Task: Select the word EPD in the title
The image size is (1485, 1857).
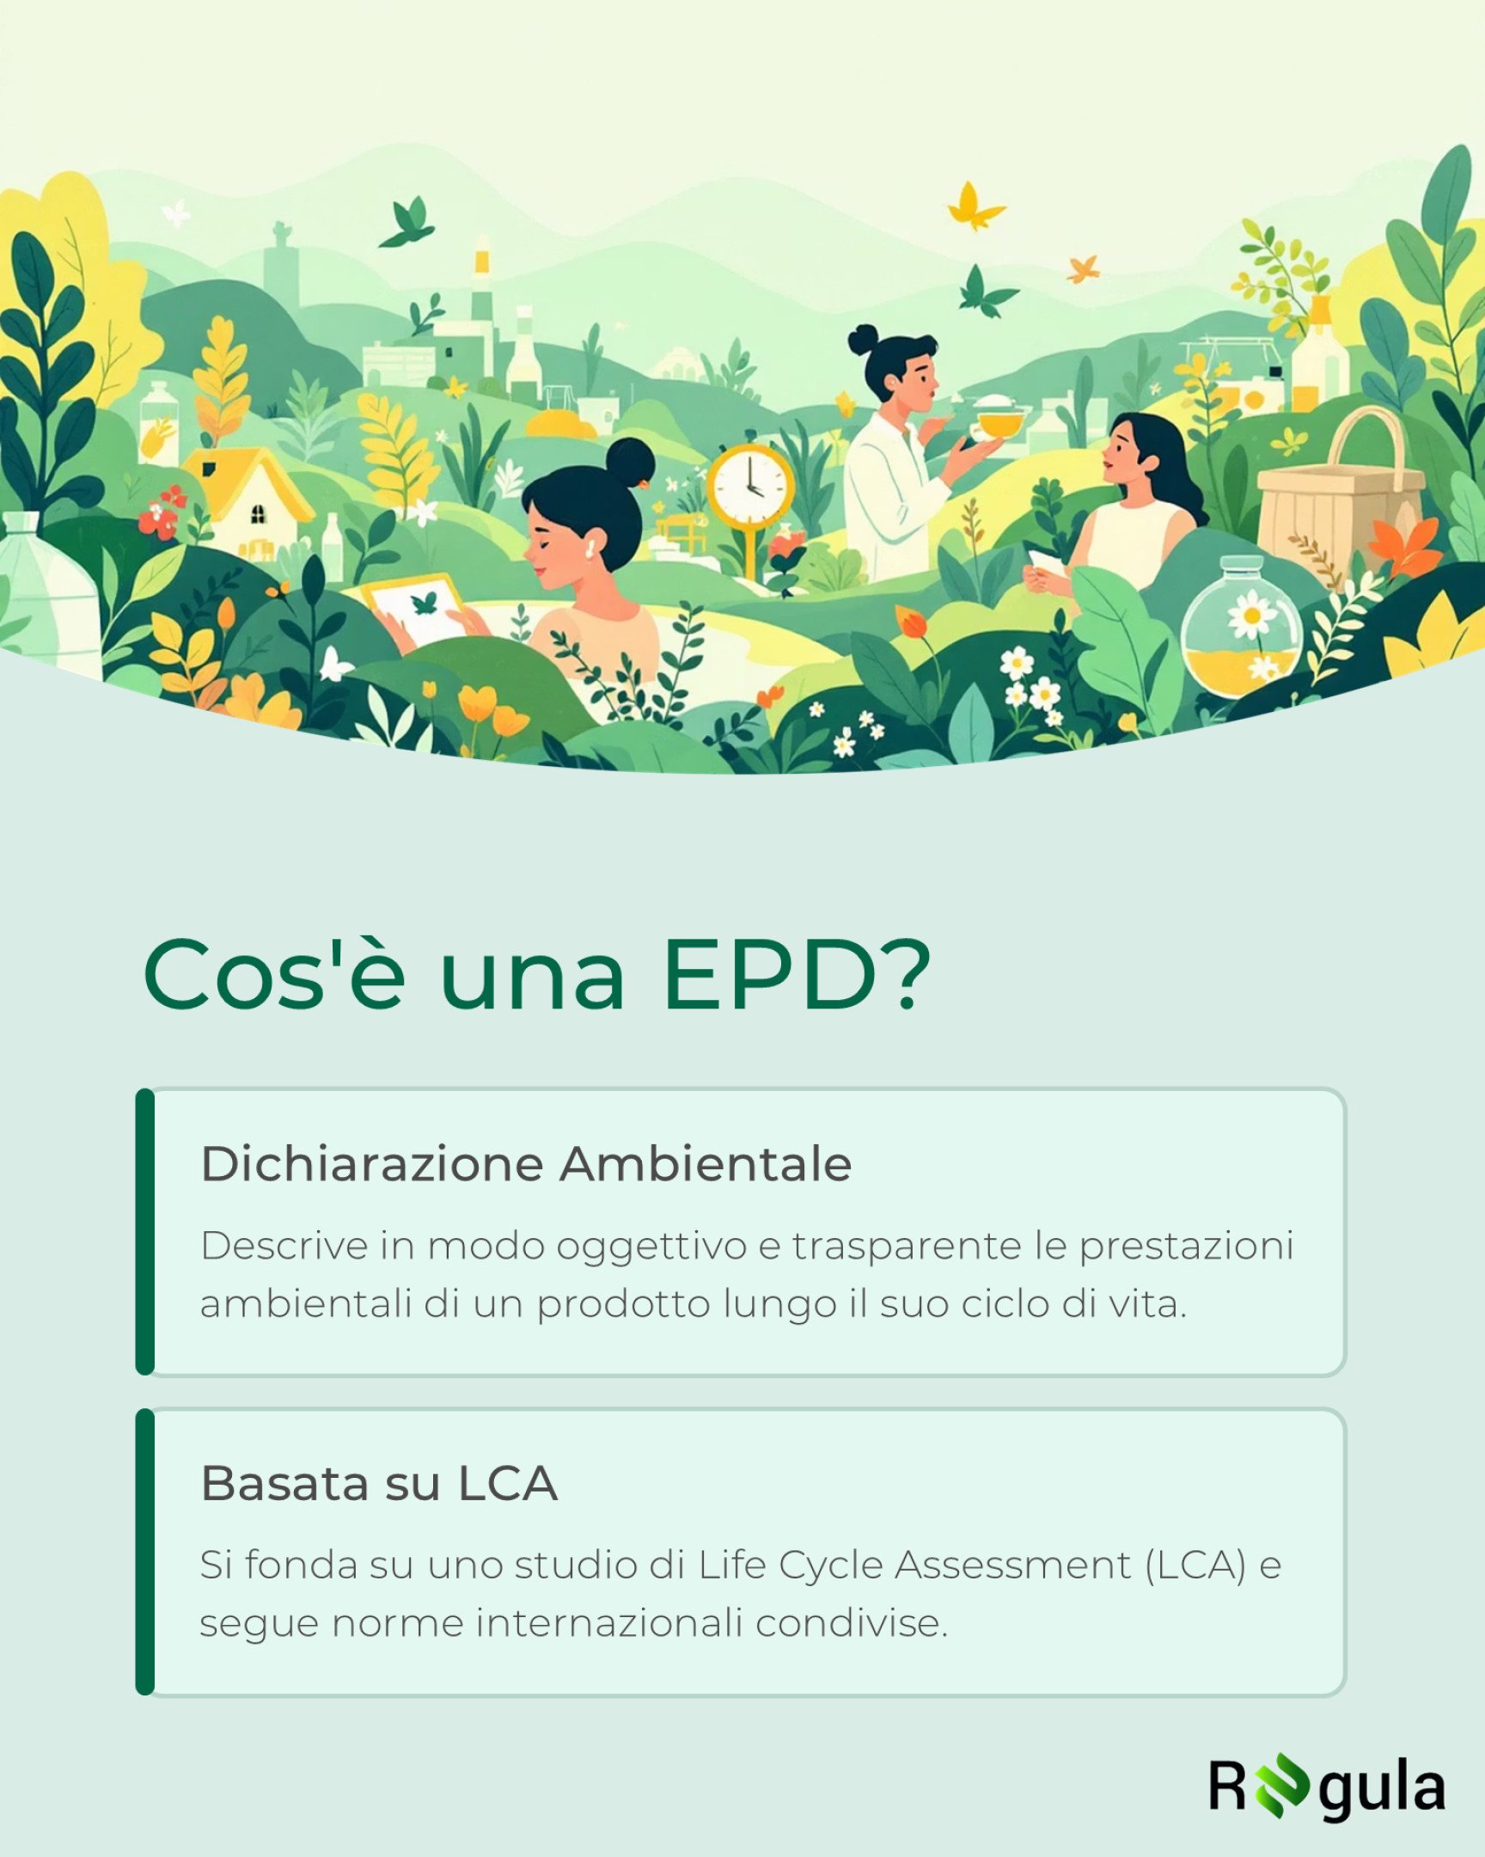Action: pyautogui.click(x=771, y=974)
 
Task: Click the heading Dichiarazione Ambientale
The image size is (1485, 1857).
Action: pyautogui.click(x=526, y=1164)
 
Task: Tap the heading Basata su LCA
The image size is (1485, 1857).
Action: pyautogui.click(x=379, y=1483)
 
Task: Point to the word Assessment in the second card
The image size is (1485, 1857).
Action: pyautogui.click(x=1012, y=1565)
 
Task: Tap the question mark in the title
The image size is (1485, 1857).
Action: pyautogui.click(x=908, y=974)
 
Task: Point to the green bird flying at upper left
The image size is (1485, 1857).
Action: pyautogui.click(x=406, y=221)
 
